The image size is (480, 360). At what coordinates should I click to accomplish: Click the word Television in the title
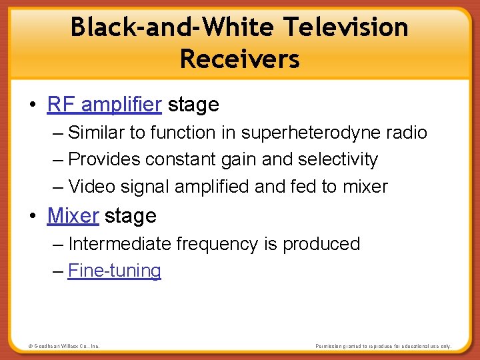(345, 27)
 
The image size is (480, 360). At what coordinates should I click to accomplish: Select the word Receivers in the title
(240, 59)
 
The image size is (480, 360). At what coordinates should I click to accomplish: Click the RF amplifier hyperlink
(105, 105)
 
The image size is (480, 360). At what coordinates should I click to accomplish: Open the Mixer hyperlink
(73, 216)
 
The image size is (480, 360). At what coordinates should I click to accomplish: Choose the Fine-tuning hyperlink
(115, 271)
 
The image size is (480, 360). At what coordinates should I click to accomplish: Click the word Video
(91, 187)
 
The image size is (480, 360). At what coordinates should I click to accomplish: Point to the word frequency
(217, 244)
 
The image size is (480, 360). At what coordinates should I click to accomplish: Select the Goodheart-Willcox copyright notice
(64, 346)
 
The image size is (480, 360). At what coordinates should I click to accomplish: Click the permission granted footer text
(383, 346)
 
